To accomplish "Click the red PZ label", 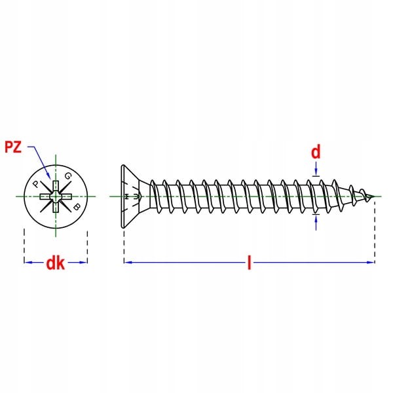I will [13, 147].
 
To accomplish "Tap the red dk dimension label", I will [55, 263].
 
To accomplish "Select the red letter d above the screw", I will [316, 153].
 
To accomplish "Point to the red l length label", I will [249, 263].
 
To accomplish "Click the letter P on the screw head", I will [36, 185].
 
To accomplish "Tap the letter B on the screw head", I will [77, 208].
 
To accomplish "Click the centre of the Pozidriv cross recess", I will [56, 196].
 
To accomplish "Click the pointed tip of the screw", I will [376, 196].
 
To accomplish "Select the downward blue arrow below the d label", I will [316, 173].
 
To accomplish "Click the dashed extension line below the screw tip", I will [375, 229].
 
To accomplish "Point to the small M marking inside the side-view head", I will [136, 196].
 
